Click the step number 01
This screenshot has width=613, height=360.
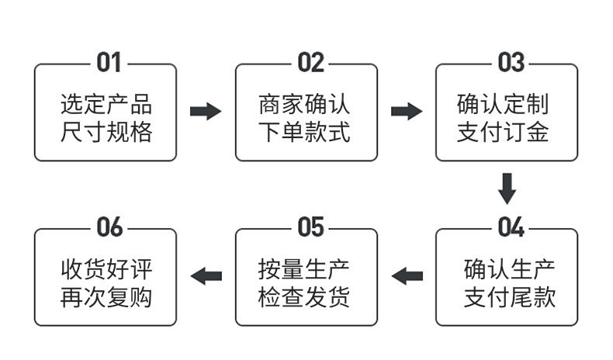[x=109, y=63]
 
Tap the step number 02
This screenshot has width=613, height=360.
[x=311, y=63]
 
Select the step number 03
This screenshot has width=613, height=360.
[x=511, y=63]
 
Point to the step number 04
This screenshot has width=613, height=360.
[x=511, y=227]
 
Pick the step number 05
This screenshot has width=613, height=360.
[x=311, y=227]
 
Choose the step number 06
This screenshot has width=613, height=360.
[x=109, y=227]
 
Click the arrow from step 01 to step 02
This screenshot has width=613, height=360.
[x=206, y=112]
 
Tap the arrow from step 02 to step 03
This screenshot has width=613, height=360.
[x=407, y=112]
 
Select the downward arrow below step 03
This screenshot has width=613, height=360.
[x=507, y=189]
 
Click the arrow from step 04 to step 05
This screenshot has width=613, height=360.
[x=407, y=276]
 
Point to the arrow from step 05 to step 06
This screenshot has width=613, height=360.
[x=206, y=276]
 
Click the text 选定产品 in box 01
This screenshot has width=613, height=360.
[x=106, y=104]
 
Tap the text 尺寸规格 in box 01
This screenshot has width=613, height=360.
[x=106, y=132]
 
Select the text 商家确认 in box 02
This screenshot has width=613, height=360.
[x=303, y=104]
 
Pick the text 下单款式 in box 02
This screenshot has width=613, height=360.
[x=303, y=132]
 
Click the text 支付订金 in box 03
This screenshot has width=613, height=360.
[x=503, y=132]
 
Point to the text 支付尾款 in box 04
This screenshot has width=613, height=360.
[x=509, y=297]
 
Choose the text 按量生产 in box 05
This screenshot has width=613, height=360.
[x=303, y=269]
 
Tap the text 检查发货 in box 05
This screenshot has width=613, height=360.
[x=303, y=297]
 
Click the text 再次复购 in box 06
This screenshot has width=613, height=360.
[x=106, y=297]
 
